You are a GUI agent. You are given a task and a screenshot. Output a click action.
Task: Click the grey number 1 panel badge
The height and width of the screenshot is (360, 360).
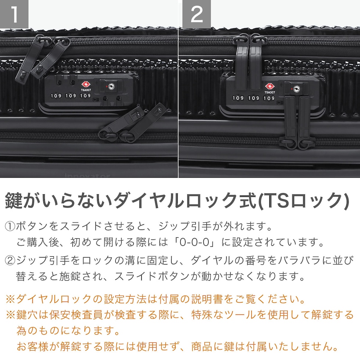14,14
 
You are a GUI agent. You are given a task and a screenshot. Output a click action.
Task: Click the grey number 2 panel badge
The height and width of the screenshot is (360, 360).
197,14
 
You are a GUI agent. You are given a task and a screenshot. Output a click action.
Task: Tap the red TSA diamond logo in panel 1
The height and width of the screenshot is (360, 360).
86,84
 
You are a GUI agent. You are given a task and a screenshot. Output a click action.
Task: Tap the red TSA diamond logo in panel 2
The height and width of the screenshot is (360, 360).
270,87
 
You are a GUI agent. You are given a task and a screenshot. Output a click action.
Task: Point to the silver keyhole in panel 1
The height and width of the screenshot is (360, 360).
111,87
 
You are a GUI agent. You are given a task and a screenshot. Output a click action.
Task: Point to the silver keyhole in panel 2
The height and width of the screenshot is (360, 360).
296,89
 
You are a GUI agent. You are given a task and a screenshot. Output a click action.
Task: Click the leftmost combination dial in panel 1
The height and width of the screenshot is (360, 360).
56,96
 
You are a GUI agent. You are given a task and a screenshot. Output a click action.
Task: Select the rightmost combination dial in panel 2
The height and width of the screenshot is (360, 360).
269,98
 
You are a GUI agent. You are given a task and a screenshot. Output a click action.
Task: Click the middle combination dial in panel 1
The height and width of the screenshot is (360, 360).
71,96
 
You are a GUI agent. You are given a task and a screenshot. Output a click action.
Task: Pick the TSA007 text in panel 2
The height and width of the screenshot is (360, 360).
270,92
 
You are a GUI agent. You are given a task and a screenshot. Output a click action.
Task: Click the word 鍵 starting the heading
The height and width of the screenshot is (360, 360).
14,201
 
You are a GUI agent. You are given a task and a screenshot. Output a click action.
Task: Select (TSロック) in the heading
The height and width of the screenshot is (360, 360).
303,201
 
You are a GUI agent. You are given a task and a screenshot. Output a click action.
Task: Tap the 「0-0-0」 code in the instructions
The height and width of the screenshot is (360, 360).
194,242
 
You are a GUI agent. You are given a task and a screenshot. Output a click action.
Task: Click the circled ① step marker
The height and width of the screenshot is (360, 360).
10,226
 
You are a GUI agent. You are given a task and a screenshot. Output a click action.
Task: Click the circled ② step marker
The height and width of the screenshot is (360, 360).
10,260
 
